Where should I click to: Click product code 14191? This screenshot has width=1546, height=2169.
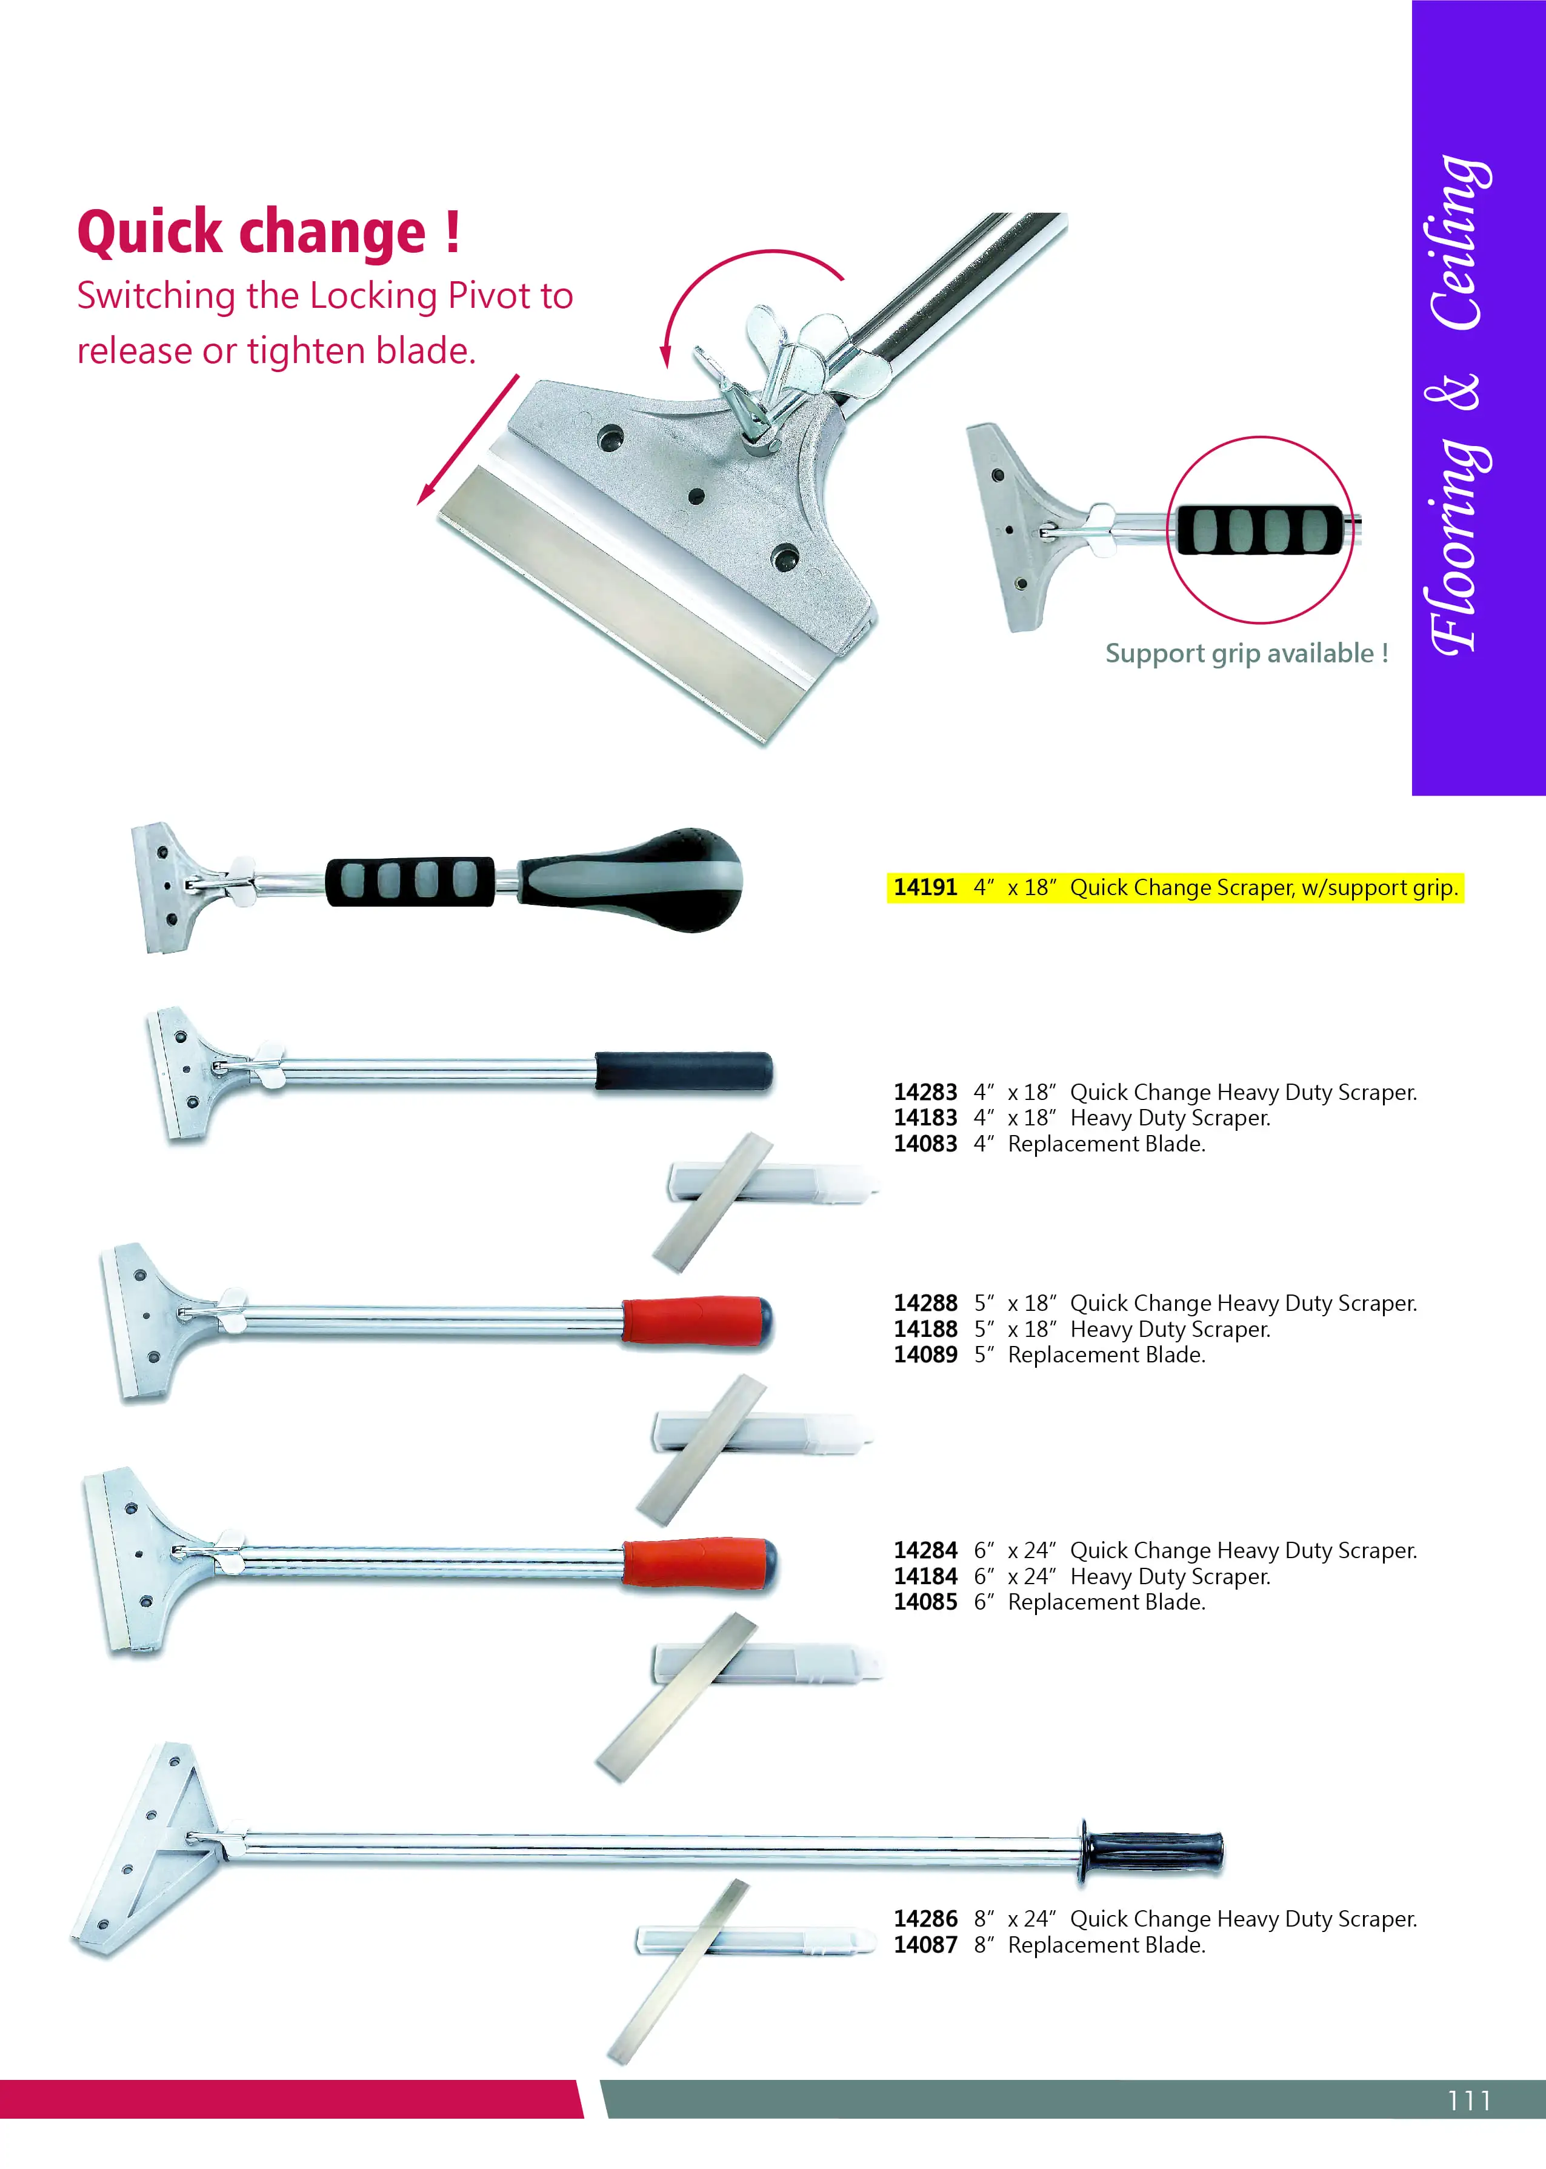(x=924, y=887)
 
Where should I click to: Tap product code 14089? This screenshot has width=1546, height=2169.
(x=924, y=1354)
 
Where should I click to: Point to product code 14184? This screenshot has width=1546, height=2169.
(x=924, y=1576)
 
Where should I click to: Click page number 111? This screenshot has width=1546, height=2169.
(x=1469, y=2101)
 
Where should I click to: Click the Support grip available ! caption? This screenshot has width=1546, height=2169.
(x=1246, y=654)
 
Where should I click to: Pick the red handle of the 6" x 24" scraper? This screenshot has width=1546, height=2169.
(x=700, y=1563)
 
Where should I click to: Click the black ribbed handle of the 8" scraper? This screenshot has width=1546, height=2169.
(x=1152, y=1851)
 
